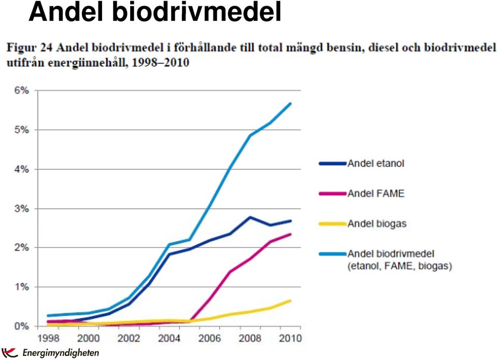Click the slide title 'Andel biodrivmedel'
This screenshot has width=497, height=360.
(154, 11)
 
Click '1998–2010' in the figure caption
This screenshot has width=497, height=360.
(160, 62)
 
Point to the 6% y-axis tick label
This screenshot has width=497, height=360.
(22, 90)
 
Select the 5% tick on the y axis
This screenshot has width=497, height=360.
(22, 130)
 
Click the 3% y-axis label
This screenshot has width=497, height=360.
(22, 209)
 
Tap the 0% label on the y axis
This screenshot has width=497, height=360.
(22, 326)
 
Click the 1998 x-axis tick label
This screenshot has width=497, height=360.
(49, 338)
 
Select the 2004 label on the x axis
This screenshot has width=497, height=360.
(169, 338)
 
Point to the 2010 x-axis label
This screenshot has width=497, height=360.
(290, 338)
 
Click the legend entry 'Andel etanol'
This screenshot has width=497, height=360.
(376, 163)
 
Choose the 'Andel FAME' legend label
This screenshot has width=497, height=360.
(376, 193)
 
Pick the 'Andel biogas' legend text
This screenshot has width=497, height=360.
(377, 224)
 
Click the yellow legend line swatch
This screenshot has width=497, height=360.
(333, 224)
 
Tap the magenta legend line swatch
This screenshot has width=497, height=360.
(333, 193)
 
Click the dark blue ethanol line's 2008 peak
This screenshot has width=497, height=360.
(250, 217)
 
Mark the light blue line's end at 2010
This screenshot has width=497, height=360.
(290, 103)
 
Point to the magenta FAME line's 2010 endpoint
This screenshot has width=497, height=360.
(290, 234)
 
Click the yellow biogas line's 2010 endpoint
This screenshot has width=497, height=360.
(290, 301)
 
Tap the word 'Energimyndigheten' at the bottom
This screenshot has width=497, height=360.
(61, 353)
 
